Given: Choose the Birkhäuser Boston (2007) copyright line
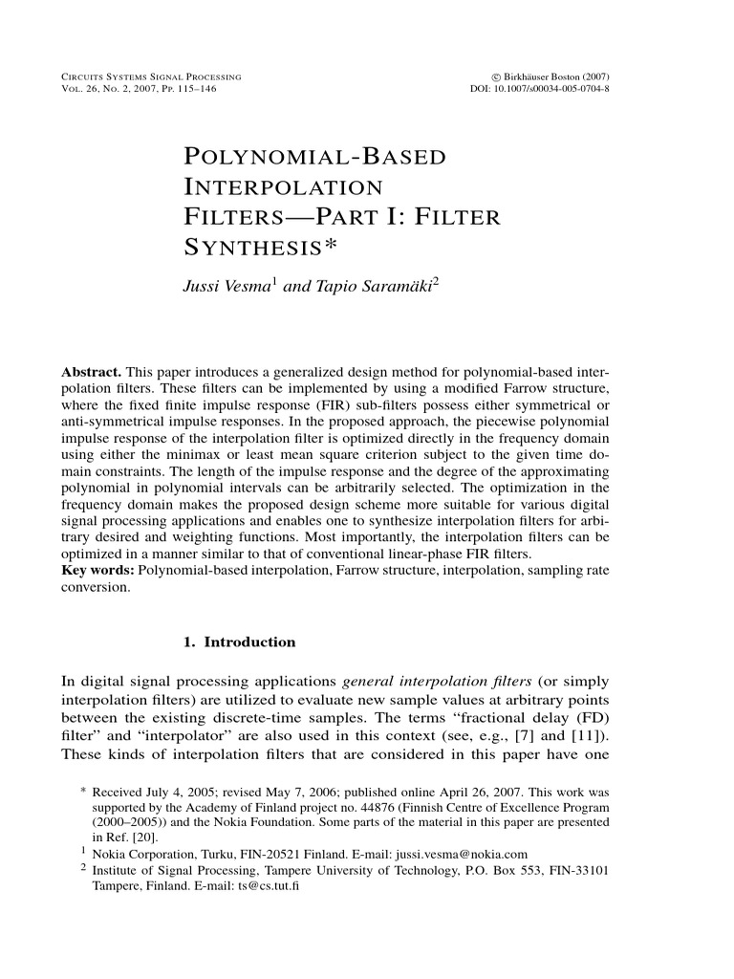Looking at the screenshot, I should [x=550, y=76].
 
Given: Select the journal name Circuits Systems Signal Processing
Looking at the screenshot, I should [x=150, y=76].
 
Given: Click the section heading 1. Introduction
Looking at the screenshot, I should [x=239, y=642].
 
